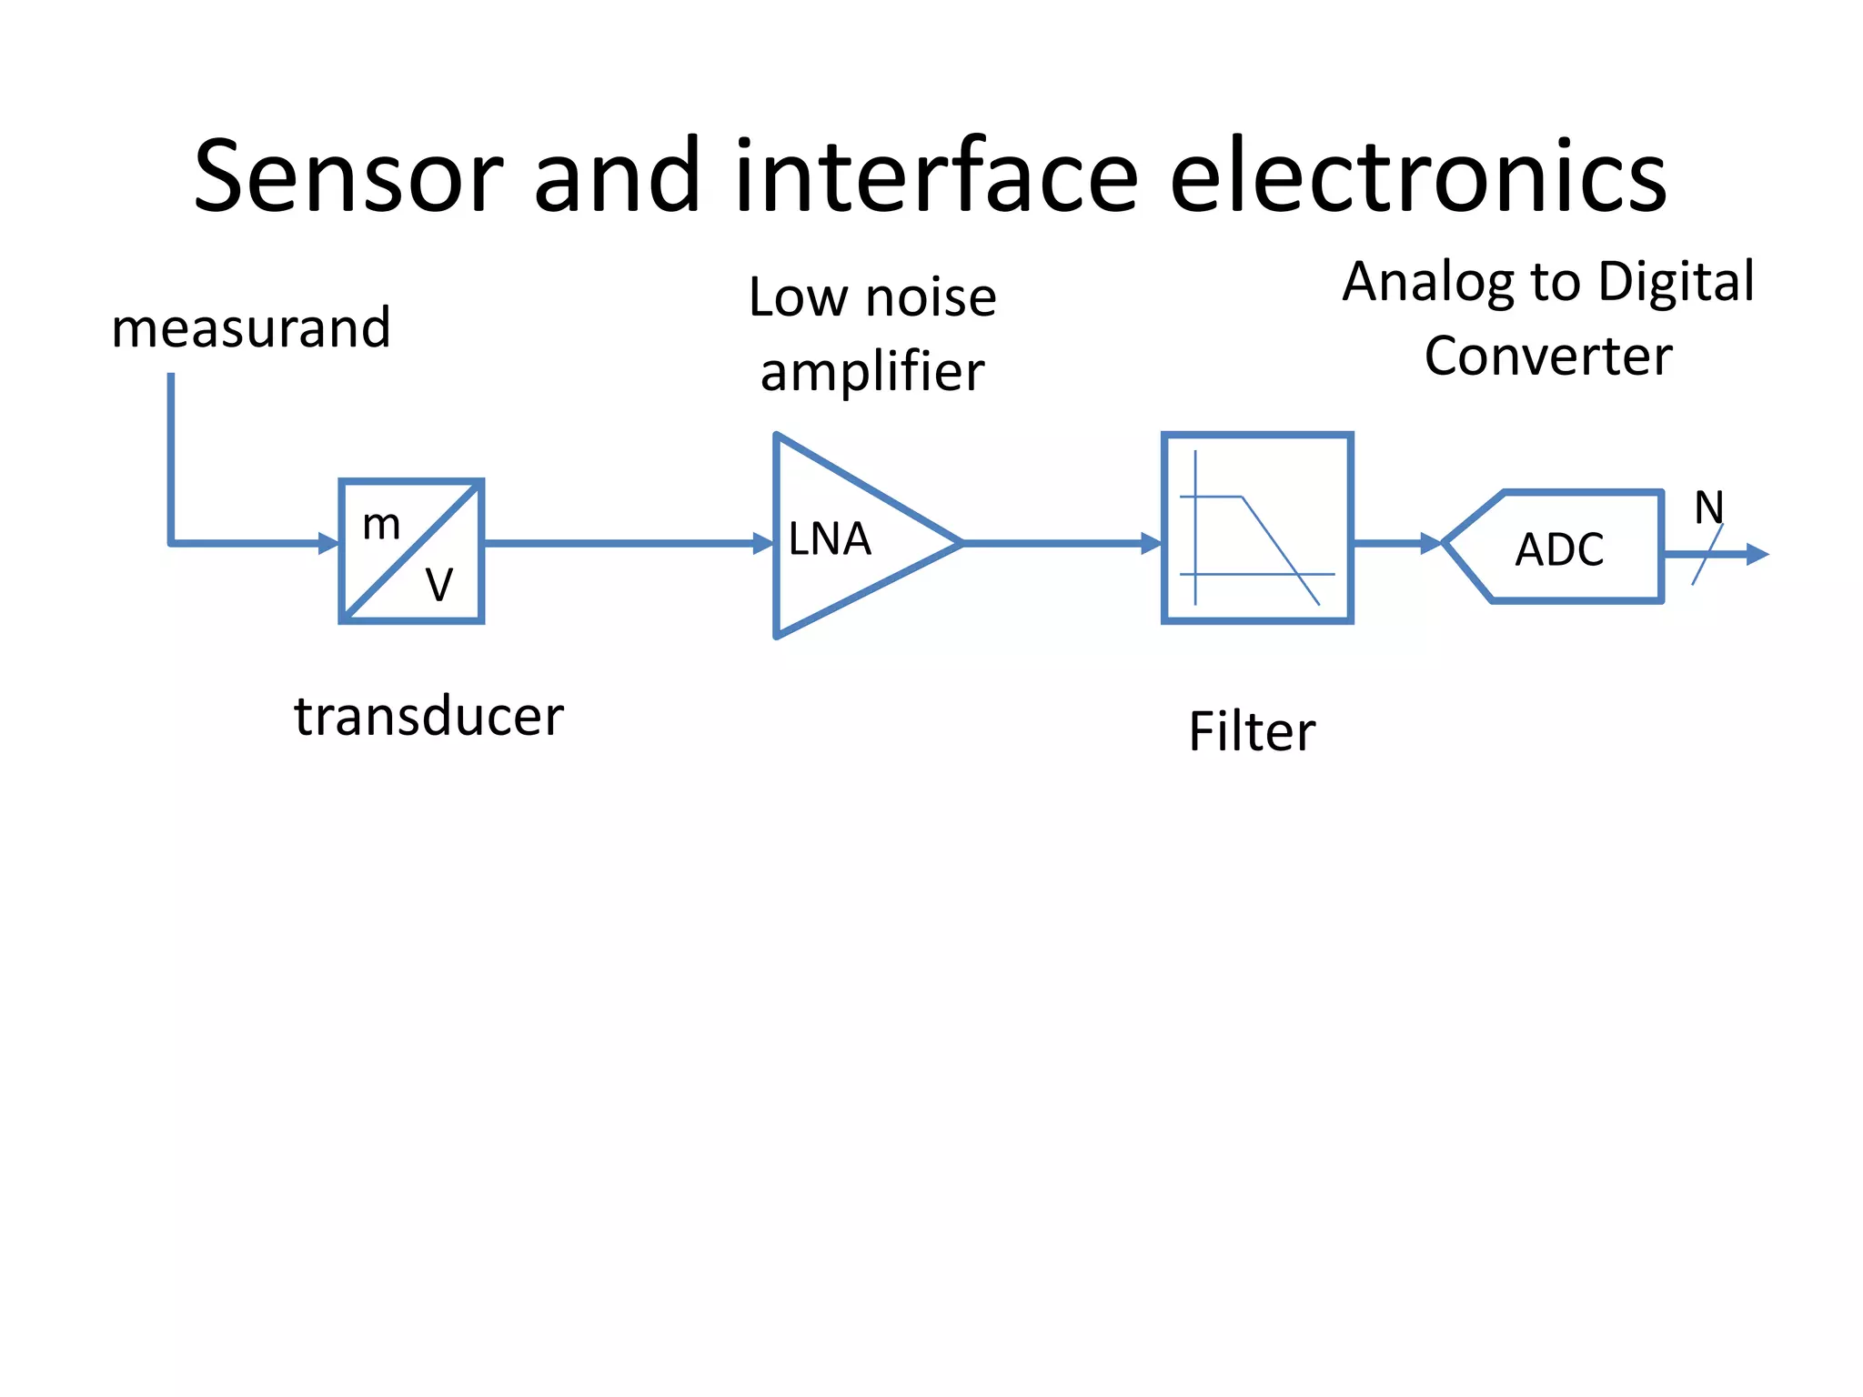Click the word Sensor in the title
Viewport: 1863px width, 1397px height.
(348, 177)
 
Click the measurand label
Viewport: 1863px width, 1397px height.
(251, 328)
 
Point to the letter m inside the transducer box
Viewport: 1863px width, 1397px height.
(381, 525)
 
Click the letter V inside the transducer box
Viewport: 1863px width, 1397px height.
(439, 585)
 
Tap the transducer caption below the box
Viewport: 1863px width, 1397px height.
(428, 717)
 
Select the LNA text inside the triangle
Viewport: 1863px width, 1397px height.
(830, 539)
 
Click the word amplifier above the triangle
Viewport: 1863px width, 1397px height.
(872, 372)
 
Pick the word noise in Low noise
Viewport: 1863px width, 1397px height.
(931, 297)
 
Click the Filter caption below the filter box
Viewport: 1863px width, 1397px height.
(1252, 732)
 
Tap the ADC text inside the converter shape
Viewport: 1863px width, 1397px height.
(1559, 550)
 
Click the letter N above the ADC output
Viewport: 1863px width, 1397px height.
(1708, 507)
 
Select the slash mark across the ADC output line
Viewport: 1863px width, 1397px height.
(1707, 555)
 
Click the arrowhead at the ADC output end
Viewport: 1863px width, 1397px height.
(1757, 554)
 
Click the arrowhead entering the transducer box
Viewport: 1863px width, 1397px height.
(328, 544)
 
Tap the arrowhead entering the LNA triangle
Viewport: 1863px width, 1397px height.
(763, 544)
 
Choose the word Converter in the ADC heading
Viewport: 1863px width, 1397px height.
(1548, 356)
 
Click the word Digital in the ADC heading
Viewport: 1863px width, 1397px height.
(1676, 281)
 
